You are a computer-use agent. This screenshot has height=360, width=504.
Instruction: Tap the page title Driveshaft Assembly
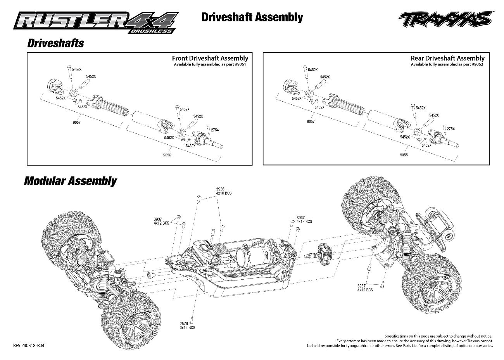252,17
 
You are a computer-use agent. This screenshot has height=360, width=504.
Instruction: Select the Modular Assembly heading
70,181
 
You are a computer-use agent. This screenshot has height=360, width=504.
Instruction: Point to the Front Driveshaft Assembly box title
210,58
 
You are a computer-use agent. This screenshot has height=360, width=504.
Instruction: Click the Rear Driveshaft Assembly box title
447,58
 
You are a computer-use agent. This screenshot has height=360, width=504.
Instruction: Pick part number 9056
167,155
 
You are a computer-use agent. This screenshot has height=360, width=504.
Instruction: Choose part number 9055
404,155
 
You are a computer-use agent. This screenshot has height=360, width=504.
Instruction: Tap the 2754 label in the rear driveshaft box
450,129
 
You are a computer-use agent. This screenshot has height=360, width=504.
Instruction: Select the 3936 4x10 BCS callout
223,191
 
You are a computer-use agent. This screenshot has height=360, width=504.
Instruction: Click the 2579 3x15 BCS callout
187,325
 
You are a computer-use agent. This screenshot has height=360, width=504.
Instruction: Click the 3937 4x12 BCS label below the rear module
365,288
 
